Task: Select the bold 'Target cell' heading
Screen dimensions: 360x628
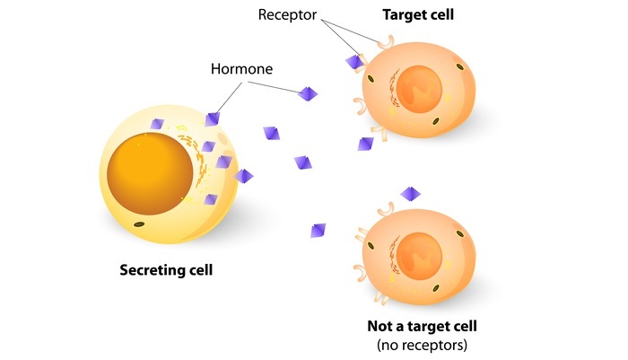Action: (418, 15)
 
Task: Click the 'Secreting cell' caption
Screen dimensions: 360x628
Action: (167, 269)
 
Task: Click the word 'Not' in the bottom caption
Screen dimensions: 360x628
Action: (380, 325)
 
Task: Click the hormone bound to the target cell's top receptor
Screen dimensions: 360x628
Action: (355, 61)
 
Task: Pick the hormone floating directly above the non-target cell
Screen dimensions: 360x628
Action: (410, 194)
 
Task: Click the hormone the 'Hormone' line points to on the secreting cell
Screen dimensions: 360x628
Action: (213, 119)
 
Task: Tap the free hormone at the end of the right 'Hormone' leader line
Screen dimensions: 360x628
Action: (308, 93)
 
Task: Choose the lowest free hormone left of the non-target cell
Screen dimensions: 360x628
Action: (318, 230)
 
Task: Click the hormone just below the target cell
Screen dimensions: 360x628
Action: (365, 144)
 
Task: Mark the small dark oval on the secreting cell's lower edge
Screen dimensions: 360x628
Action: (139, 223)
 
